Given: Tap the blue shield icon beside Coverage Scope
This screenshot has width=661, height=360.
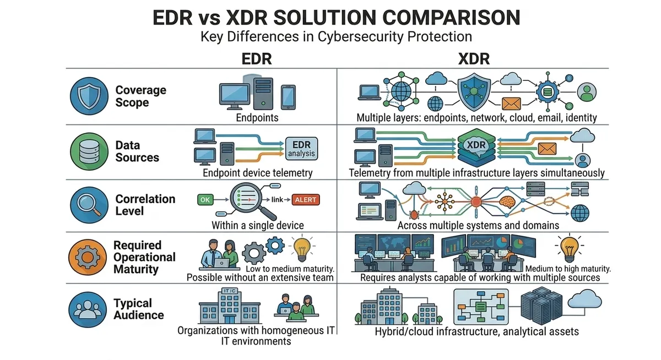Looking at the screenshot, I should click(86, 96).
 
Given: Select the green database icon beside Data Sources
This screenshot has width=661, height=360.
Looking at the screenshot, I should click(86, 151).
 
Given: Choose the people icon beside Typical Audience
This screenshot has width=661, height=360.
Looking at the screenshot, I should click(86, 309).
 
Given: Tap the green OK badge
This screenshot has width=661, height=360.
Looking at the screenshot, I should click(204, 199).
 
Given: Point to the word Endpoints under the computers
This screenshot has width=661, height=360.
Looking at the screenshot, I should click(257, 118).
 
